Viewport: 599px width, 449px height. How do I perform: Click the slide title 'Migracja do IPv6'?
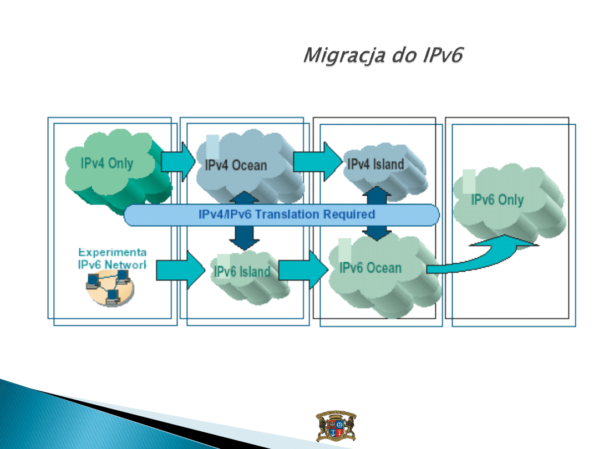click(x=383, y=56)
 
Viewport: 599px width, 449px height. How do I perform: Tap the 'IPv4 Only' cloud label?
click(x=107, y=164)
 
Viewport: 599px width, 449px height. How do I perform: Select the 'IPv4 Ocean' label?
click(x=236, y=165)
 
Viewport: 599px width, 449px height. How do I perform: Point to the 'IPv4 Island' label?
click(x=375, y=164)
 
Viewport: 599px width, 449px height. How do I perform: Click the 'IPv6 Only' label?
click(x=497, y=200)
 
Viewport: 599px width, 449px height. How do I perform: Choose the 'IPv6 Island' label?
click(x=242, y=272)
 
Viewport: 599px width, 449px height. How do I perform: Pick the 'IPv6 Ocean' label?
click(x=370, y=268)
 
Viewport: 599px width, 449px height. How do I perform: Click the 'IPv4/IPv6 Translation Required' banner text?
click(x=287, y=215)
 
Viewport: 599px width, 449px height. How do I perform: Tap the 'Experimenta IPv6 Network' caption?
click(x=111, y=258)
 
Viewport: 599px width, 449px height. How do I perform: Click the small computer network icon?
click(x=110, y=289)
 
